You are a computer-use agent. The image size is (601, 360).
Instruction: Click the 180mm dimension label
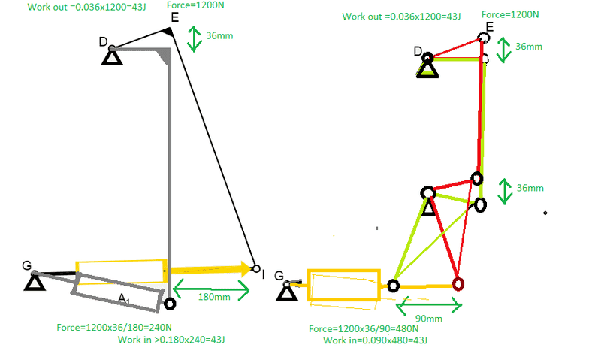tap(214, 297)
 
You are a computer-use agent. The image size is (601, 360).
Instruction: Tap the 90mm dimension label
tap(428, 319)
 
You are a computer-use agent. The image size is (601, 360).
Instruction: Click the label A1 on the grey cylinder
tap(123, 298)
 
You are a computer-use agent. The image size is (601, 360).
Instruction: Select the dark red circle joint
tap(458, 285)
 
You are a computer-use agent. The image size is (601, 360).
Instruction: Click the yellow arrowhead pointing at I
tap(246, 269)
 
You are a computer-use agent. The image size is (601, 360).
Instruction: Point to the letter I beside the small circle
tap(264, 274)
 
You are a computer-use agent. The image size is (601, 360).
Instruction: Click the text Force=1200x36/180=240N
tap(114, 328)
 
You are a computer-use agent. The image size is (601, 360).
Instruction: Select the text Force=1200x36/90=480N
tap(364, 329)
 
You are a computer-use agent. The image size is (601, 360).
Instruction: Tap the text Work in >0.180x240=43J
tap(171, 340)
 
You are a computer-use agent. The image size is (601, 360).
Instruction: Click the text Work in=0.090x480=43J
tap(375, 340)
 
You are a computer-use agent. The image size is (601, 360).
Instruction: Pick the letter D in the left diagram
tap(103, 41)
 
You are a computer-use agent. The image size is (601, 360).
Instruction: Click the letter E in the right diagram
tap(490, 27)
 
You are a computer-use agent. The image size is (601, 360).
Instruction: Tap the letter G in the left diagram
tap(26, 265)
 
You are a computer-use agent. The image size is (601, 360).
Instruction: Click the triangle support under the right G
tap(287, 293)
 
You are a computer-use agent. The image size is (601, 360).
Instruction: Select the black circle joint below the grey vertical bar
tap(170, 304)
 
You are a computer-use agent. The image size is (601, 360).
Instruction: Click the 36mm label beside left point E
tap(219, 35)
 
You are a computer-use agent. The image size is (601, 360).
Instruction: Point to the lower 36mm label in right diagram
tap(530, 188)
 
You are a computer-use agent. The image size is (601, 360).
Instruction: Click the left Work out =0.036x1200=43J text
tap(86, 7)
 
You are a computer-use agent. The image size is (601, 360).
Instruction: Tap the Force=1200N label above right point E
tap(510, 14)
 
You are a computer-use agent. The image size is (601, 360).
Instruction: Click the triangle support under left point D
tap(112, 58)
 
